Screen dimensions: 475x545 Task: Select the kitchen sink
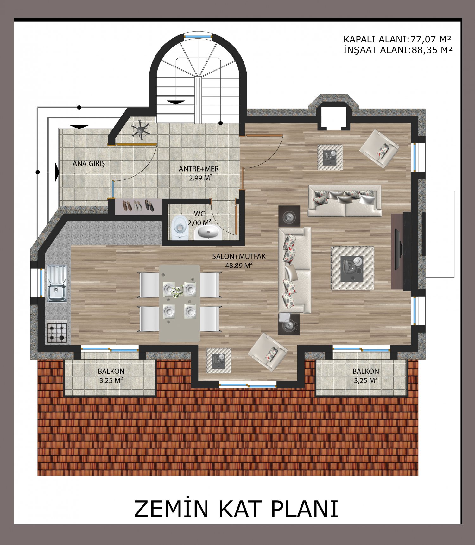[x=57, y=283]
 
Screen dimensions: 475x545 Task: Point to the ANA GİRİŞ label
[x=89, y=163]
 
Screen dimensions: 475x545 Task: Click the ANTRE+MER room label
[x=199, y=169]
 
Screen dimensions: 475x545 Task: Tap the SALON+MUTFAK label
[x=239, y=256]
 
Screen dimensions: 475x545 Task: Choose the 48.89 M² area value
[x=239, y=265]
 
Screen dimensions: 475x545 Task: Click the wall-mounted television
[x=401, y=252]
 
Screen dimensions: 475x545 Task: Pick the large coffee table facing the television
[x=352, y=268]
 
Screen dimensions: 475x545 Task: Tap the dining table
[x=180, y=303]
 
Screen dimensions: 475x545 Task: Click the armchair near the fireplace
[x=379, y=149]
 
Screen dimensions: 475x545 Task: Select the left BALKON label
[x=111, y=371]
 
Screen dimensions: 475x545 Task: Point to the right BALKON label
[x=366, y=371]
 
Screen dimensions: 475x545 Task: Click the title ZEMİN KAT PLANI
[x=236, y=509]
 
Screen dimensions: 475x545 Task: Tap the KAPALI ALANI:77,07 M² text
[x=397, y=39]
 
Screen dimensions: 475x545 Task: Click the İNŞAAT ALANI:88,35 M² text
[x=398, y=50]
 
